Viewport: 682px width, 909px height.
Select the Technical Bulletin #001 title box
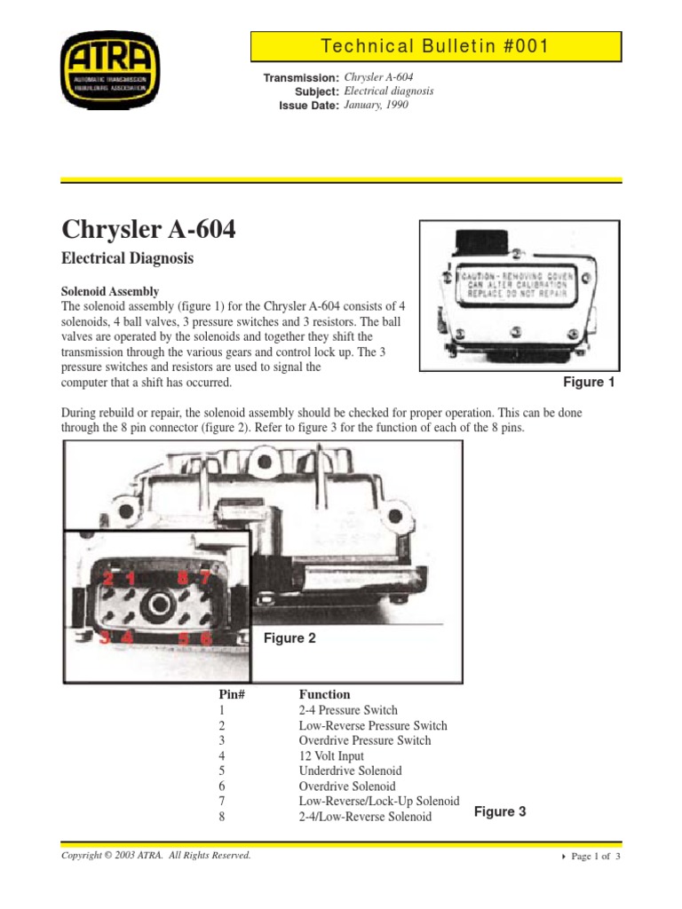coord(435,46)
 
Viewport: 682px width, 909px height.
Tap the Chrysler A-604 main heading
coord(149,230)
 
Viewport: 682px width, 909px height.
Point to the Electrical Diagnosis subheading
coord(127,259)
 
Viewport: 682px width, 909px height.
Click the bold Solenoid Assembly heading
coord(110,291)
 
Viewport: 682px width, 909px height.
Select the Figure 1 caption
coord(589,383)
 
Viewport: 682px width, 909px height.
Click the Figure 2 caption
coord(289,638)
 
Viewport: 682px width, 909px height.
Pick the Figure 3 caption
coord(500,811)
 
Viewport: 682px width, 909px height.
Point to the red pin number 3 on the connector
coord(105,636)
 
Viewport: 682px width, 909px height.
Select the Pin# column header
coord(231,694)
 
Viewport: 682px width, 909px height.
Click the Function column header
coord(324,694)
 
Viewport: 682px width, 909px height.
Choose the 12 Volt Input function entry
coord(331,755)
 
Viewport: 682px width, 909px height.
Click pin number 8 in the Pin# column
coord(221,817)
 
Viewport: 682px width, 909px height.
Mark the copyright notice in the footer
coord(155,855)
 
